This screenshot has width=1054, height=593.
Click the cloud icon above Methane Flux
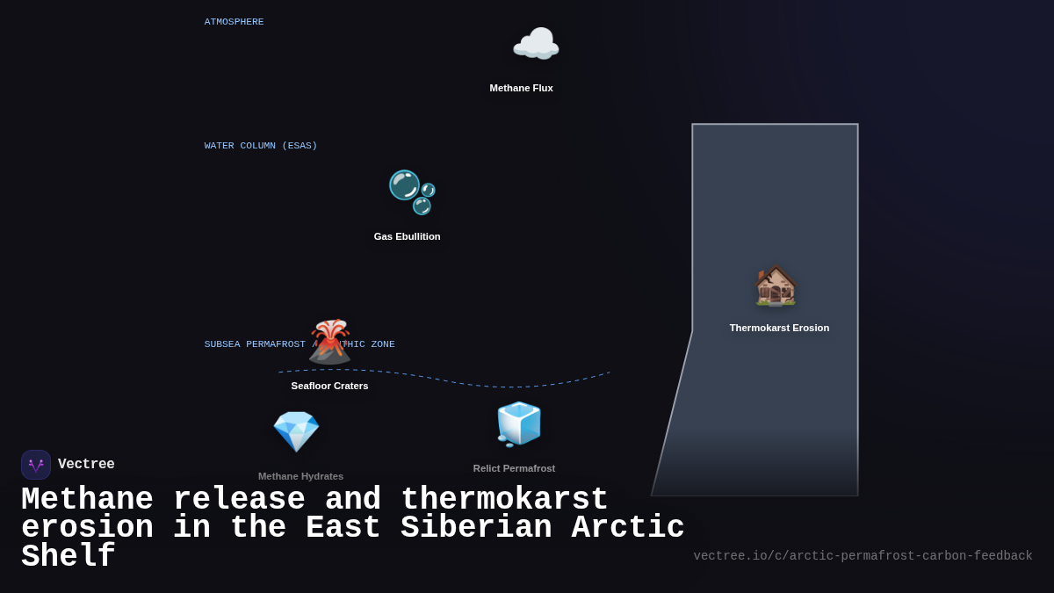point(536,45)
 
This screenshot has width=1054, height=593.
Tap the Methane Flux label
point(521,88)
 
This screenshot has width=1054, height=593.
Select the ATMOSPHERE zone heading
point(234,22)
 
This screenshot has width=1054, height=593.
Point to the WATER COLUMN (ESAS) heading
point(261,146)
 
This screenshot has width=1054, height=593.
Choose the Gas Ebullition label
point(407,236)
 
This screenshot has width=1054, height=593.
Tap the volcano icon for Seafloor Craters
point(330,342)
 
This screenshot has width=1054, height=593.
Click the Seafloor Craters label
point(329,386)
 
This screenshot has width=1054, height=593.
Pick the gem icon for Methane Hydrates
point(296,431)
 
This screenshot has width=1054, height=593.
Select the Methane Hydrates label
point(300,476)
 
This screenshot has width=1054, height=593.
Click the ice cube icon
point(518,424)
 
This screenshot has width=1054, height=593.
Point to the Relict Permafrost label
point(514,468)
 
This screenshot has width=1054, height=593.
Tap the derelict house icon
point(776,286)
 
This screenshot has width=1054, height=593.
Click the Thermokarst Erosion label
point(779,328)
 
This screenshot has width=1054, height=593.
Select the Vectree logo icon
point(36,465)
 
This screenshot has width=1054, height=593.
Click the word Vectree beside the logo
point(86,465)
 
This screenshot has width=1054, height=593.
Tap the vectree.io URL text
point(863,556)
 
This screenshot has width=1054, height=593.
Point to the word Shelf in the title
point(68,557)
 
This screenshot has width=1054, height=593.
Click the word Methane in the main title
point(87,500)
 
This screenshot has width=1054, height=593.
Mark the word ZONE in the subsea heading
point(382,344)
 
